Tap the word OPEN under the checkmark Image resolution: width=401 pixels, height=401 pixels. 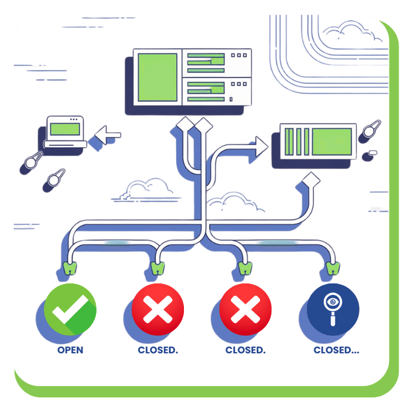click(70, 350)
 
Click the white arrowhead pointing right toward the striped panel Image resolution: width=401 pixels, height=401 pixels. click(260, 145)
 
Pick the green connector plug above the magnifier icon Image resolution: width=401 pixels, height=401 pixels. click(331, 268)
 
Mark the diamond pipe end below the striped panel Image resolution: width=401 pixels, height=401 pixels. click(312, 179)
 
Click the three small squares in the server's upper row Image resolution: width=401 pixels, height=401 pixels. click(239, 55)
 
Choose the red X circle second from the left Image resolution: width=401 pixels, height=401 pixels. click(158, 309)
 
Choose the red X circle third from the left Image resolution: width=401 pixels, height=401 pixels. click(245, 309)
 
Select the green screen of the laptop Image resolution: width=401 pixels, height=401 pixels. click(65, 128)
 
